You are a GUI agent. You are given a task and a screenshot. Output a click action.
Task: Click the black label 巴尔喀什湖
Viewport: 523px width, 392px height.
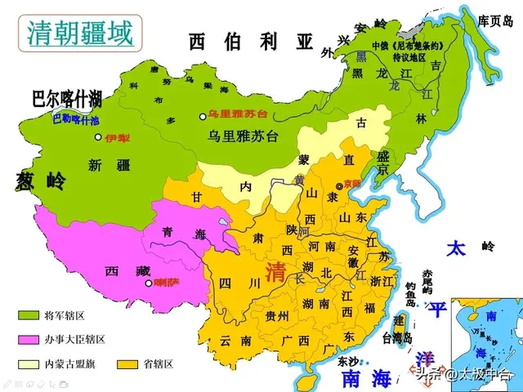[x=67, y=100]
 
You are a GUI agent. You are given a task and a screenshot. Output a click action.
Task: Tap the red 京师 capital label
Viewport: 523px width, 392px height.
[x=352, y=183]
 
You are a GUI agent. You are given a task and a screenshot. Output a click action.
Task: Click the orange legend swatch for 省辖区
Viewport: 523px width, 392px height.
[x=127, y=363]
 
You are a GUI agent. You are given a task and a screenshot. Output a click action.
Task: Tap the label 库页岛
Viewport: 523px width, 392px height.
[x=494, y=20]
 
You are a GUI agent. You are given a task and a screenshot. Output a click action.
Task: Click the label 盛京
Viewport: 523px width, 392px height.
[x=382, y=163]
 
